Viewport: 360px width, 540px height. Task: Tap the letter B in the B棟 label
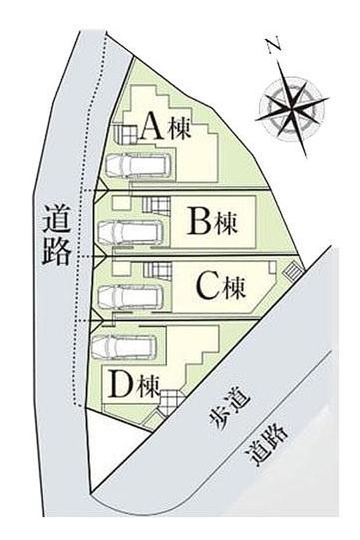point(199,221)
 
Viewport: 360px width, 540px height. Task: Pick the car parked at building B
point(130,233)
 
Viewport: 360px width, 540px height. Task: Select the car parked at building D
point(124,346)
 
